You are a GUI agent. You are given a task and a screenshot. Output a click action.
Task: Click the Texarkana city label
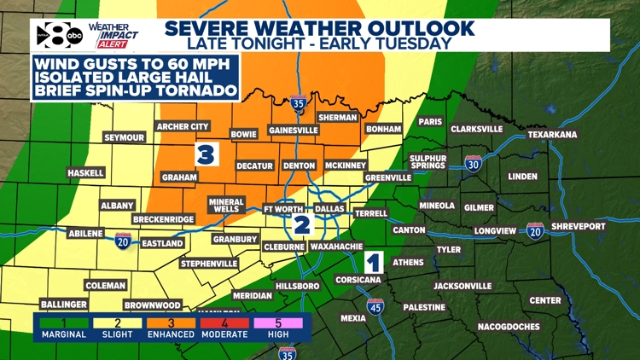pyautogui.click(x=576, y=134)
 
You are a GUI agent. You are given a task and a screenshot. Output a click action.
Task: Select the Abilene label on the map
pyautogui.click(x=85, y=233)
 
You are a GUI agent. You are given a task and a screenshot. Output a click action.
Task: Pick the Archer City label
pyautogui.click(x=183, y=127)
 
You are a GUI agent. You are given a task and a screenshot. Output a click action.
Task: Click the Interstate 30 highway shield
pyautogui.click(x=474, y=164)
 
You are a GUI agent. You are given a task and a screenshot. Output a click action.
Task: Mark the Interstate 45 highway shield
pyautogui.click(x=375, y=306)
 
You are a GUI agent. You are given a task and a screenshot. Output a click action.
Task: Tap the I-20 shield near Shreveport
pyautogui.click(x=536, y=230)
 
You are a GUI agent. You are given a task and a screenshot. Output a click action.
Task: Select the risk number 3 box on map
pyautogui.click(x=205, y=154)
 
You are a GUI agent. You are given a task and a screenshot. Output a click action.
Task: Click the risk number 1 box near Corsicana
pyautogui.click(x=373, y=261)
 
